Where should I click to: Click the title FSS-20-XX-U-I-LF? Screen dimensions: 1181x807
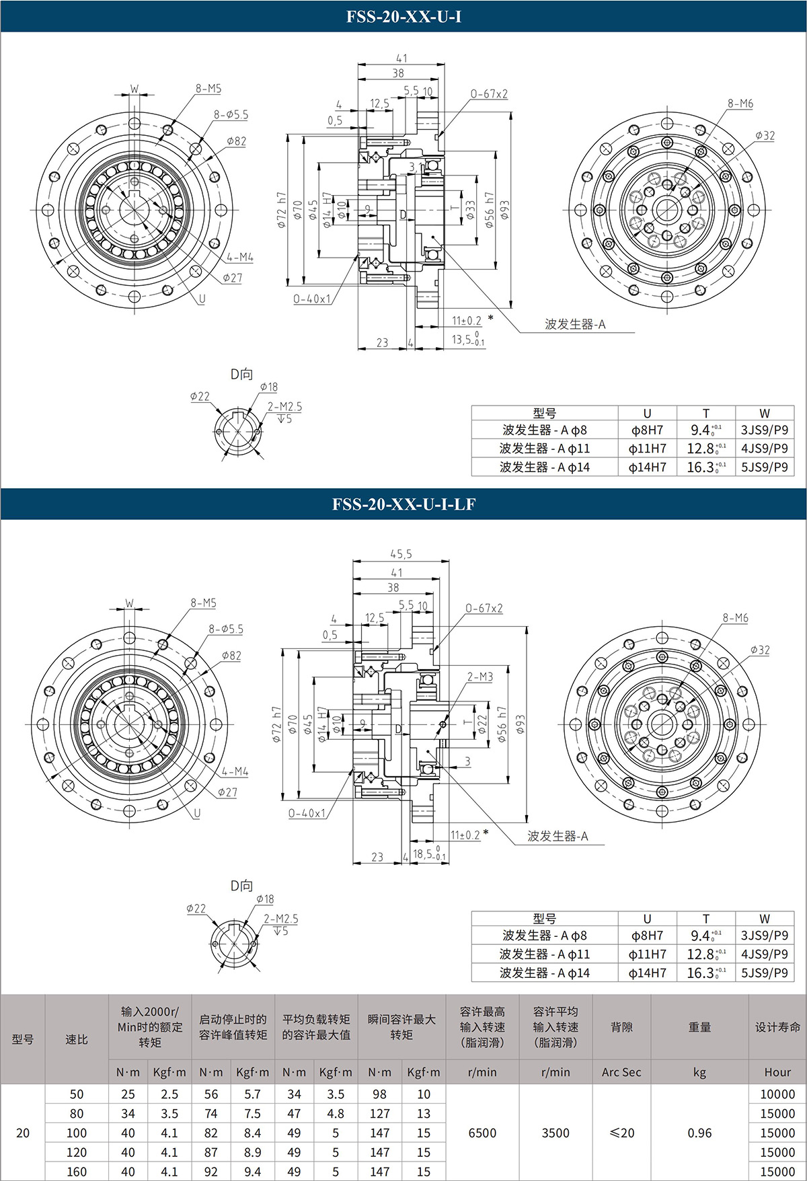[x=403, y=504]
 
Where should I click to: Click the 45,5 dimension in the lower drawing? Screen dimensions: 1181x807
[x=401, y=554]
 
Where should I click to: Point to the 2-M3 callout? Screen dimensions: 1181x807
[x=480, y=677]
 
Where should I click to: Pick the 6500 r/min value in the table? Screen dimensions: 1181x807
[x=482, y=1133]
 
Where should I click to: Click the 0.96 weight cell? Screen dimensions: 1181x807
[x=699, y=1133]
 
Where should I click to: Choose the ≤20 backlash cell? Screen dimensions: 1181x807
[x=621, y=1133]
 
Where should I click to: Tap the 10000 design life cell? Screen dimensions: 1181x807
[x=777, y=1094]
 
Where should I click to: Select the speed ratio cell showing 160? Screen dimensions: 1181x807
[x=77, y=1172]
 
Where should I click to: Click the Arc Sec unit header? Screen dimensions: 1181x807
[x=621, y=1073]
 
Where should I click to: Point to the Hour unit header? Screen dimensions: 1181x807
[x=777, y=1073]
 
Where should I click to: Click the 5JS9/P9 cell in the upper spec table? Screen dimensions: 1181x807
[x=765, y=467]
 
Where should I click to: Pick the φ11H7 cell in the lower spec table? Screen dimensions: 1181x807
[x=647, y=954]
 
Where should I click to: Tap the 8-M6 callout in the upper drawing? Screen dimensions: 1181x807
[x=740, y=104]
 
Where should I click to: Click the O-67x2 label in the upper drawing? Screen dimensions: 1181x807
[x=489, y=94]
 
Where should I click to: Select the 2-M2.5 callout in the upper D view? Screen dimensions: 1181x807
[x=284, y=407]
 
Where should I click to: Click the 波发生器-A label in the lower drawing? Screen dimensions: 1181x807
[x=558, y=836]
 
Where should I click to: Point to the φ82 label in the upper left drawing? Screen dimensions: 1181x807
[x=236, y=141]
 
